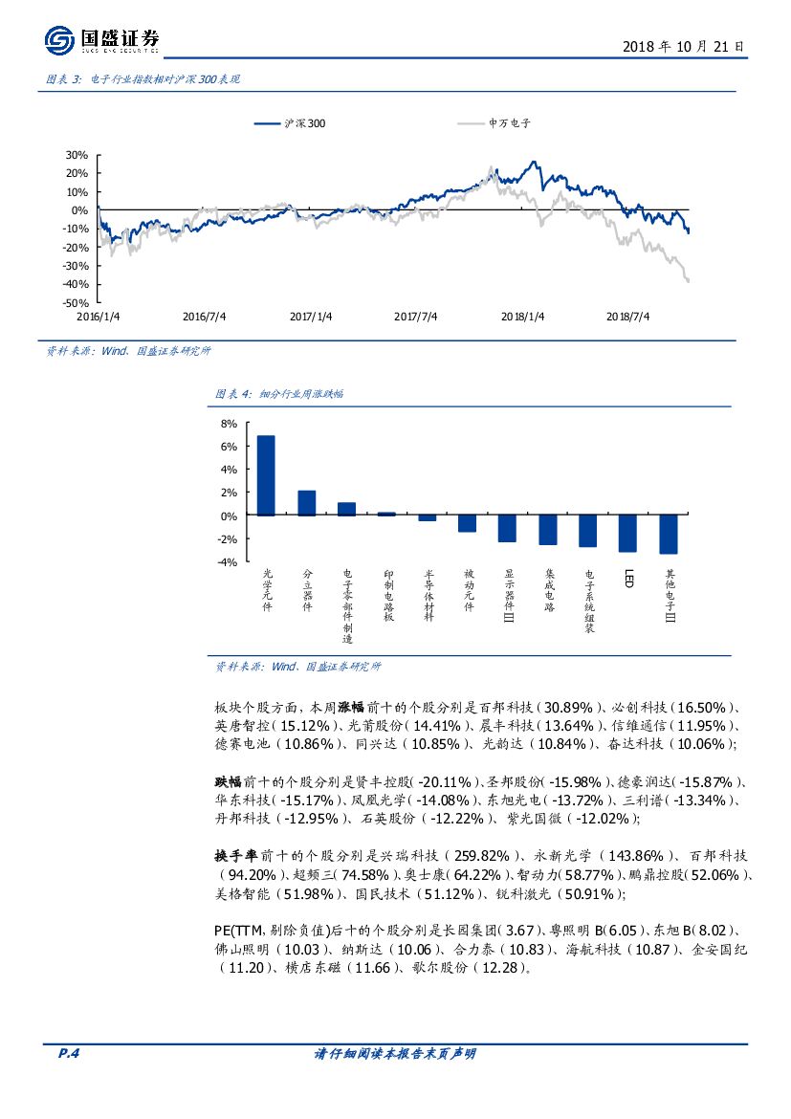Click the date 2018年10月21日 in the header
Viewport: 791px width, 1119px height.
(x=683, y=46)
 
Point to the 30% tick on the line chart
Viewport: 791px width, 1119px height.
(x=77, y=155)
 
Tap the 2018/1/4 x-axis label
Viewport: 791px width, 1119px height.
(x=522, y=317)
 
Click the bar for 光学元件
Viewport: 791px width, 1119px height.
(x=266, y=475)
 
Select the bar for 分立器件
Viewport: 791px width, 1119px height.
(x=306, y=503)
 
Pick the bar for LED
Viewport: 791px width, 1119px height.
(x=627, y=534)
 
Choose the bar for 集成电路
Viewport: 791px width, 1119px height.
(x=547, y=530)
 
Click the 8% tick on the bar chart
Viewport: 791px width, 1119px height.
(x=228, y=423)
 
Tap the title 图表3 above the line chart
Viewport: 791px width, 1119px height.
(x=142, y=79)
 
